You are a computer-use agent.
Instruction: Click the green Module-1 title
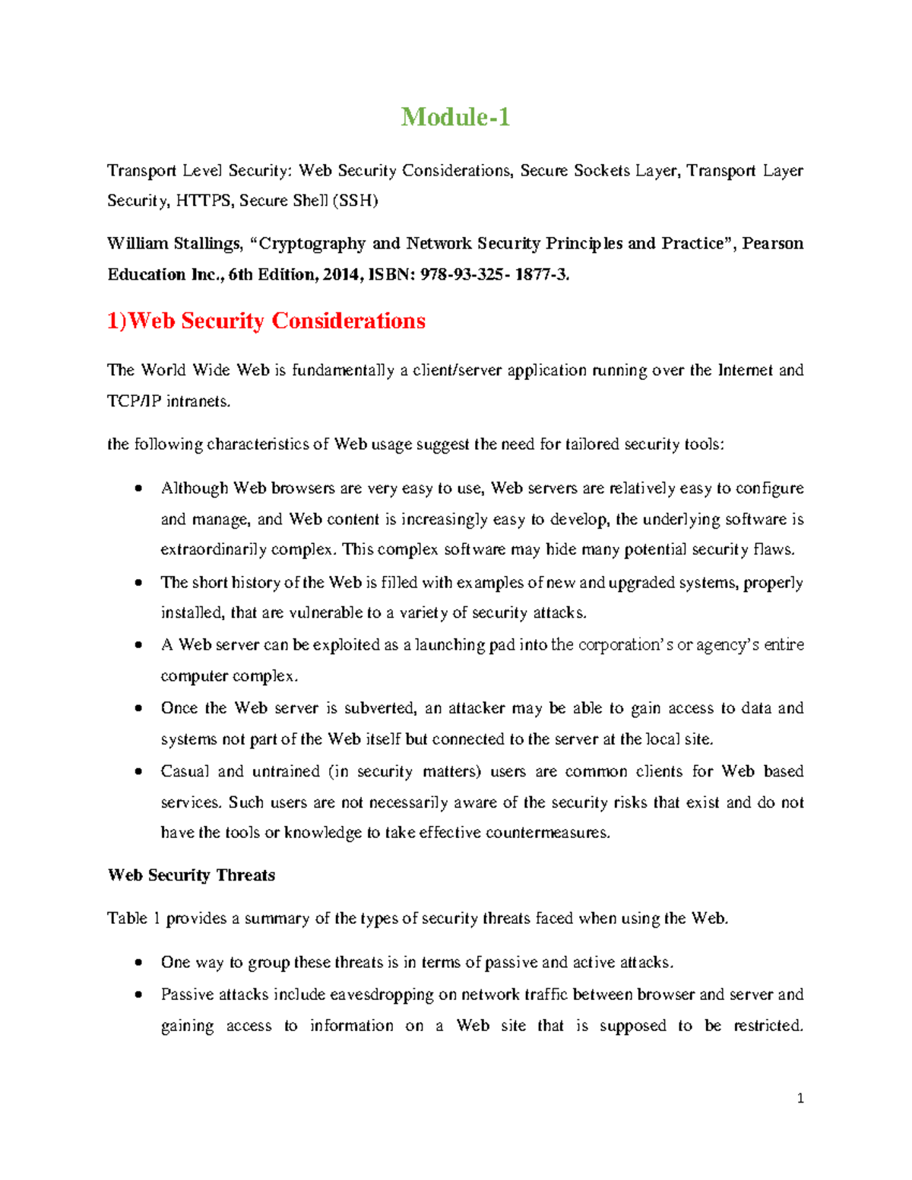(455, 117)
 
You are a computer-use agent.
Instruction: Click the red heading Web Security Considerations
(266, 321)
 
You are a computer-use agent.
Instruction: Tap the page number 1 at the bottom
(800, 1098)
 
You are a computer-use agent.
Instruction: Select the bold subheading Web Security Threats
(192, 875)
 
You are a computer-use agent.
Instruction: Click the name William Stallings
(174, 244)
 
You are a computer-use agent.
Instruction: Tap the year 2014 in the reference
(342, 274)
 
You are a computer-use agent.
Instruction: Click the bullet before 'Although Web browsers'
(138, 489)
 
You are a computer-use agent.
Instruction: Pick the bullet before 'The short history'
(138, 583)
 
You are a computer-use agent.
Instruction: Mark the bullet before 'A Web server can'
(138, 645)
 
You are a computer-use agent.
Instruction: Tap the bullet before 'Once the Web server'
(138, 708)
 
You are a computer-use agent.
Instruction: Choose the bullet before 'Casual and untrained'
(138, 771)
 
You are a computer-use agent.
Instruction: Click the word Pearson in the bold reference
(772, 244)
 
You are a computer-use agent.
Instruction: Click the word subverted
(380, 708)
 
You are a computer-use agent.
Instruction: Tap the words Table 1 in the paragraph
(134, 919)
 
